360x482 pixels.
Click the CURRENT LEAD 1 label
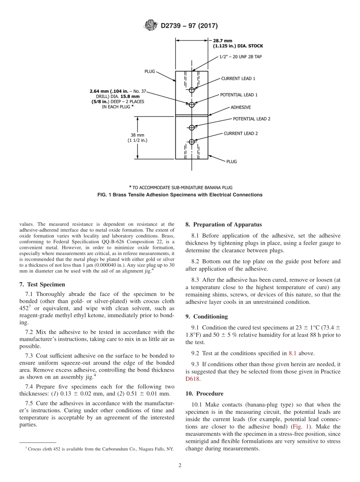[238, 79]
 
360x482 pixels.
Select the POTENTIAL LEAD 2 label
[251, 119]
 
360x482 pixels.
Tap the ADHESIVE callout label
[241, 108]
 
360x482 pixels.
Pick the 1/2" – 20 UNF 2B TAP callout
[241, 57]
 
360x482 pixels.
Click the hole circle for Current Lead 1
[192, 90]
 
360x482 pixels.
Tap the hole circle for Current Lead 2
[192, 142]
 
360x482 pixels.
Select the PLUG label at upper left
[150, 71]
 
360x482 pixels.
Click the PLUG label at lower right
[232, 161]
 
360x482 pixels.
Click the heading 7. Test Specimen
[42, 284]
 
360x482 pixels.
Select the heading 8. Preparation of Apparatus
[224, 225]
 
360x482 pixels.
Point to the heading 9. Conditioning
[207, 316]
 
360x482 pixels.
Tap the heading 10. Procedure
[204, 394]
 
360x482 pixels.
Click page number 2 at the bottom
[180, 466]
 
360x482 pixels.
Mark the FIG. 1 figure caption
[180, 195]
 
